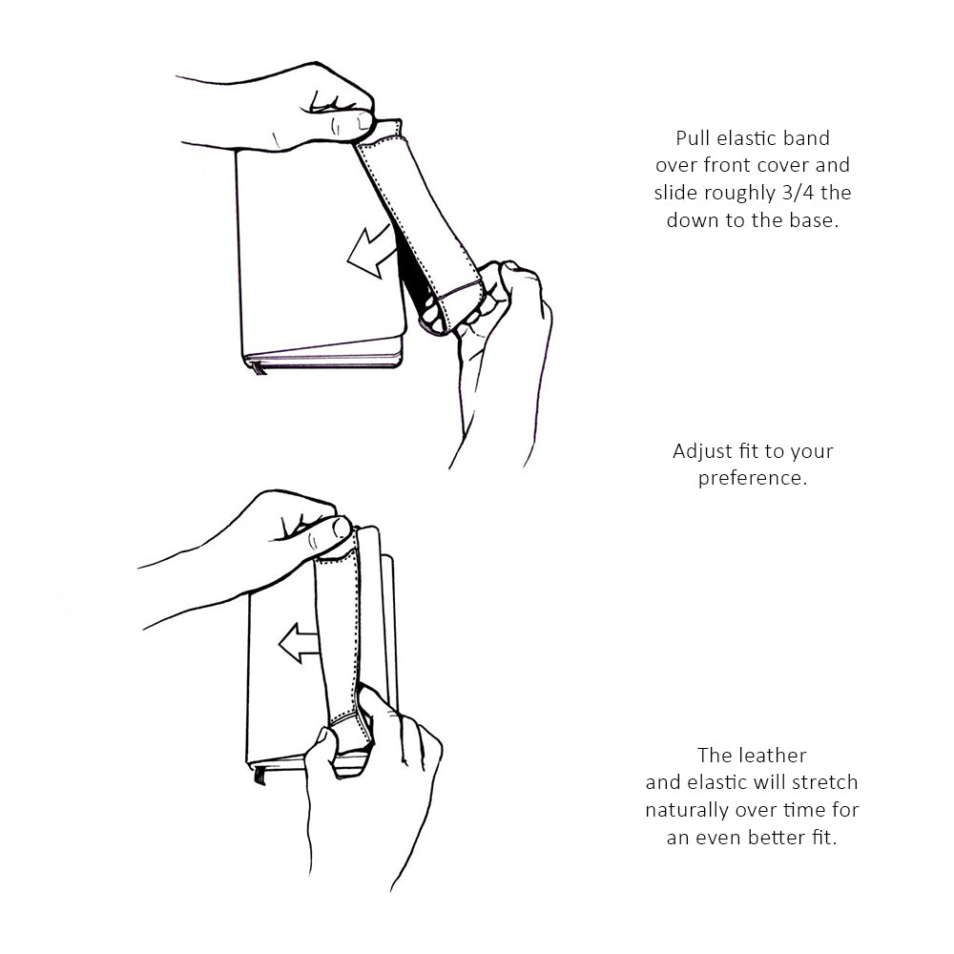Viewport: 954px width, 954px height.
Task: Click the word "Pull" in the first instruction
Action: pyautogui.click(x=693, y=138)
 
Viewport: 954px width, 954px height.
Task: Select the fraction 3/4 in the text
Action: pyautogui.click(x=798, y=193)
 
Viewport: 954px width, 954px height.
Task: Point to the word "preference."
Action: pyautogui.click(x=753, y=479)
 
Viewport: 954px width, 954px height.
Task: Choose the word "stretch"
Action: pyautogui.click(x=824, y=782)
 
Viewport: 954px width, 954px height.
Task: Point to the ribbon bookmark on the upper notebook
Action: pyautogui.click(x=259, y=367)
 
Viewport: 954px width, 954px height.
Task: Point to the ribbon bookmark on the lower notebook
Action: pyautogui.click(x=259, y=775)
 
